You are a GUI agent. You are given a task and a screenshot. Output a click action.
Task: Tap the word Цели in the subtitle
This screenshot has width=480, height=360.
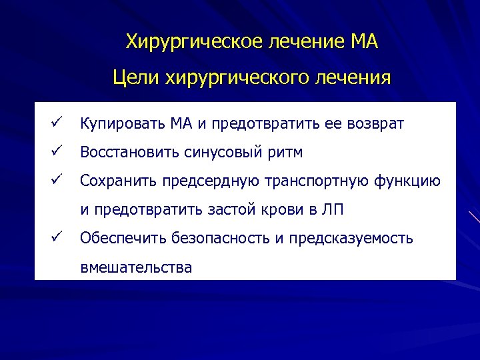133,78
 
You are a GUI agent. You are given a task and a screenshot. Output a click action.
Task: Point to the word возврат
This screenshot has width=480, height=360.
375,124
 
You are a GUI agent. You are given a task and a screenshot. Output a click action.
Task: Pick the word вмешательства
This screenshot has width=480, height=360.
135,268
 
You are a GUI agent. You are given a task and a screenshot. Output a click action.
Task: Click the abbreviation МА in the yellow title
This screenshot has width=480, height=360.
363,43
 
